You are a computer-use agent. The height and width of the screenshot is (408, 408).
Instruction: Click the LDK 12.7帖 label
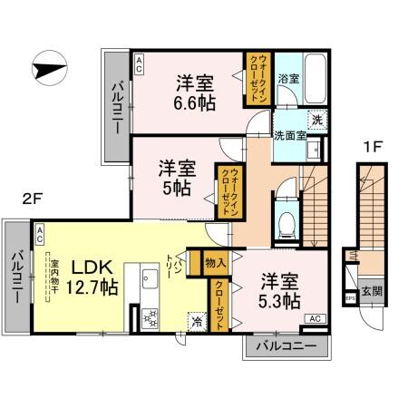[91, 277]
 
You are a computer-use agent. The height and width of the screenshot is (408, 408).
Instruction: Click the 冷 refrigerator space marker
[197, 321]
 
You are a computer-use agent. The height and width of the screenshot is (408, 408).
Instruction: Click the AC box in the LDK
[41, 233]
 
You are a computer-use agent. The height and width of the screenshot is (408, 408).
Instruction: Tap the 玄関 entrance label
[372, 291]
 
